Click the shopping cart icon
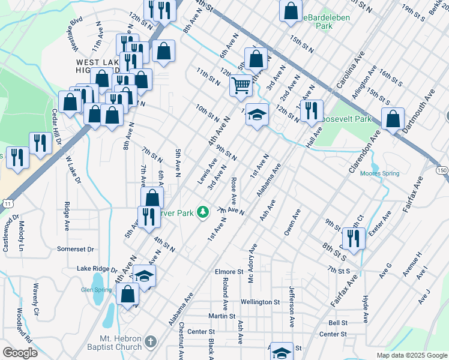(x=241, y=85)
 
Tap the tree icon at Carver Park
(x=203, y=211)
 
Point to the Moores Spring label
(x=379, y=174)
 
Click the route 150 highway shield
(x=442, y=170)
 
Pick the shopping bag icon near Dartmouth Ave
(x=393, y=119)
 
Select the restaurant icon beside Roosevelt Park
(x=311, y=110)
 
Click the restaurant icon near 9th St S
(x=353, y=238)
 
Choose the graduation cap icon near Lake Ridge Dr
(x=143, y=275)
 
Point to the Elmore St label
(x=229, y=272)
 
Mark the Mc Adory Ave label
(x=253, y=259)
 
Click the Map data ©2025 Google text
(x=411, y=355)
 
